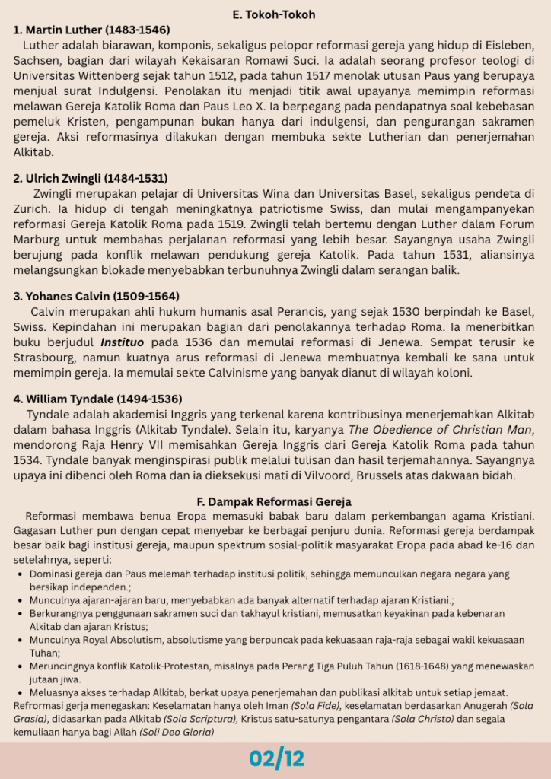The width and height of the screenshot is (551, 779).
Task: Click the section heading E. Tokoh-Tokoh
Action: point(274,14)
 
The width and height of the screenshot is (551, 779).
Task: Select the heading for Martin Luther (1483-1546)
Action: point(91,30)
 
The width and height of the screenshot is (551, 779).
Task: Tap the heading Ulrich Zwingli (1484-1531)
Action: point(91,178)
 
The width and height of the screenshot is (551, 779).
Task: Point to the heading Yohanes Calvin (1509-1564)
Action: point(97,296)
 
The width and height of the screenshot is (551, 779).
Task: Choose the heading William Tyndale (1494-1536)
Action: point(98,399)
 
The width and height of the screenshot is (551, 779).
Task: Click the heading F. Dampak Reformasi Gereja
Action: point(274,502)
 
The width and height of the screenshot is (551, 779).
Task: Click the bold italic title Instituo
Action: point(126,342)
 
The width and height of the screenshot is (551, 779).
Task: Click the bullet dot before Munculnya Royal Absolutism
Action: point(21,639)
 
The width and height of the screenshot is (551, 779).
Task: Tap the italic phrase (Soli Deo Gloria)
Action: point(177,732)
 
